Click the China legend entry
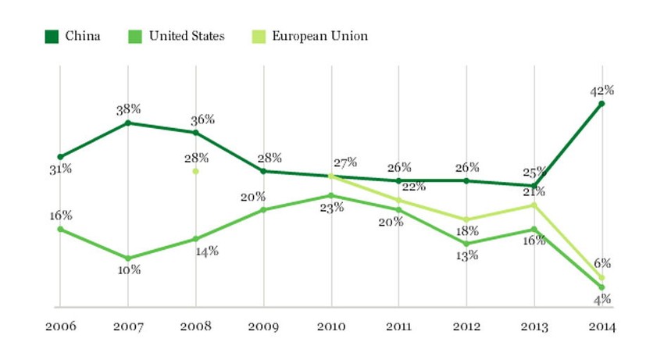pos(73,36)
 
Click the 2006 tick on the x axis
pos(59,327)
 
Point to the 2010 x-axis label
pos(331,327)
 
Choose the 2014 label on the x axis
pos(602,327)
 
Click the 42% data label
pos(602,90)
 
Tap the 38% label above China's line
pos(128,110)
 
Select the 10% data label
pos(129,270)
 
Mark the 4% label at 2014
pos(602,299)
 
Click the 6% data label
pos(602,264)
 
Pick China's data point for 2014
pos(602,103)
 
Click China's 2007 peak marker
pos(128,123)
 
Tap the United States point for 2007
pos(128,258)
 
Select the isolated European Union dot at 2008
pos(196,171)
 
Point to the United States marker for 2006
pos(60,229)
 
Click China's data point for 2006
pos(60,157)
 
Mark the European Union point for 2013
pos(534,205)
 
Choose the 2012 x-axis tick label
pos(466,327)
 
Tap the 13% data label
pos(467,255)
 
